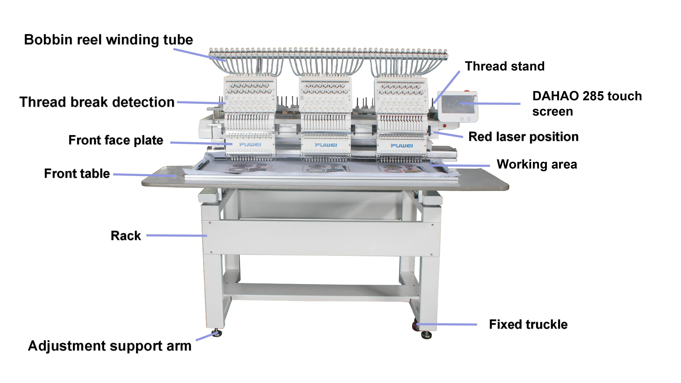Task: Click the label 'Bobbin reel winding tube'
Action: (108, 40)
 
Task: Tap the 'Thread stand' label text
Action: (504, 66)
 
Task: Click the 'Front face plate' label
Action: (116, 140)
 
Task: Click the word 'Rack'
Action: (126, 236)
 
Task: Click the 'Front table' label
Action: (77, 174)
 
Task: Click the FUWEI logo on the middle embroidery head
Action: (326, 145)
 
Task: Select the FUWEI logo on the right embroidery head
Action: (402, 146)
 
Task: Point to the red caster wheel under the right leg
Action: (415, 327)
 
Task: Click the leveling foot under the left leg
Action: (217, 334)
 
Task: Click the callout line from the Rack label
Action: (176, 235)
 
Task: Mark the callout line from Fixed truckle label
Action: (447, 324)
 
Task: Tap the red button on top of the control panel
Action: (467, 91)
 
